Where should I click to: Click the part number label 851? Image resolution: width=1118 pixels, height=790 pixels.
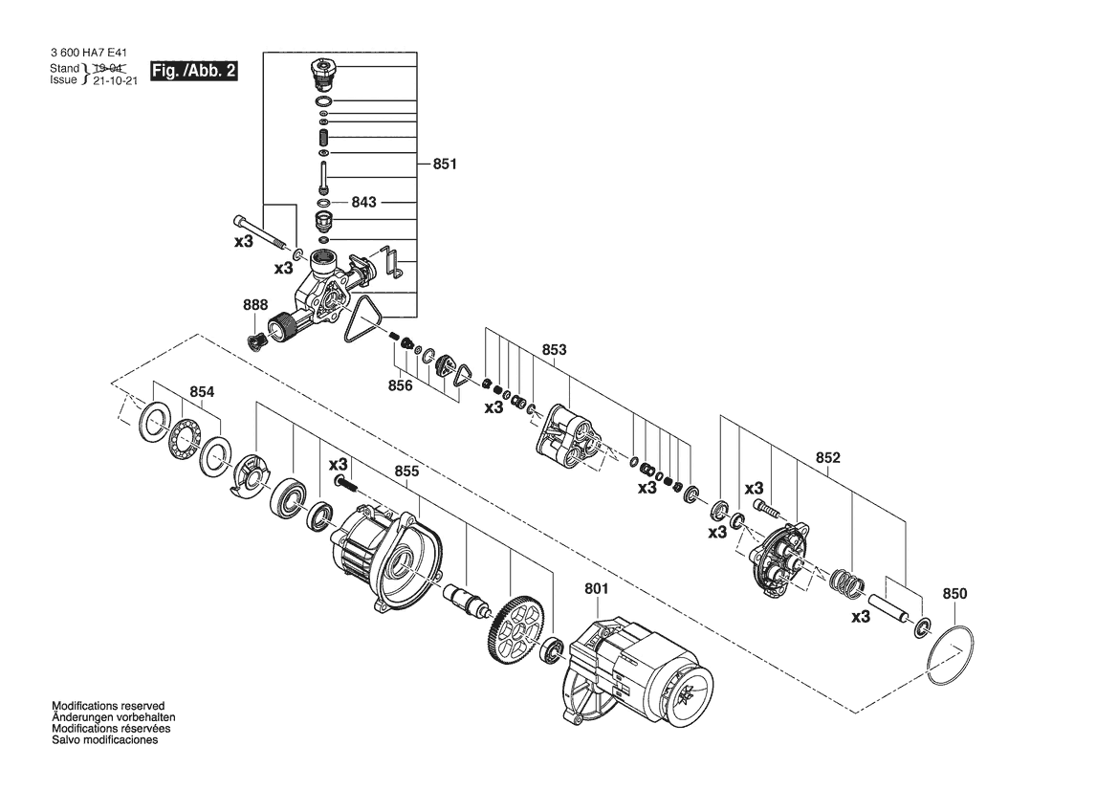point(444,164)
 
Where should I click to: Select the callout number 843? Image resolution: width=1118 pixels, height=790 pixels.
point(363,203)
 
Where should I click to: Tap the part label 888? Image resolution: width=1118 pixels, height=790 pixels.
point(255,305)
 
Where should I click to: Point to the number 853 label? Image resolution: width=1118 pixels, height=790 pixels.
point(554,349)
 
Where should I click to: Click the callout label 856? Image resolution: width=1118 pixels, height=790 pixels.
point(400,385)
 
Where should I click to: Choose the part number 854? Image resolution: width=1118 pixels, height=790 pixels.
point(202,392)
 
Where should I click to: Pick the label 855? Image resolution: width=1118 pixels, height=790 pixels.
point(406,472)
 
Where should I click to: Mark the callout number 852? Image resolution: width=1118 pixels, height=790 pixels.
point(828,458)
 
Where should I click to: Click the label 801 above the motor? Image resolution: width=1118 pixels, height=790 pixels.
point(596,589)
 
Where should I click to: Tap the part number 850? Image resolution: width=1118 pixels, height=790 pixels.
point(954,594)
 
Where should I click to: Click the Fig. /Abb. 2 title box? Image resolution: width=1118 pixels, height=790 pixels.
point(194,71)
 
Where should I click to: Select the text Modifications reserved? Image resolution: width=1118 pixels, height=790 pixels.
point(108,706)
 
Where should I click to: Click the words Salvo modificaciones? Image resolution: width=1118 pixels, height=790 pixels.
point(105,740)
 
